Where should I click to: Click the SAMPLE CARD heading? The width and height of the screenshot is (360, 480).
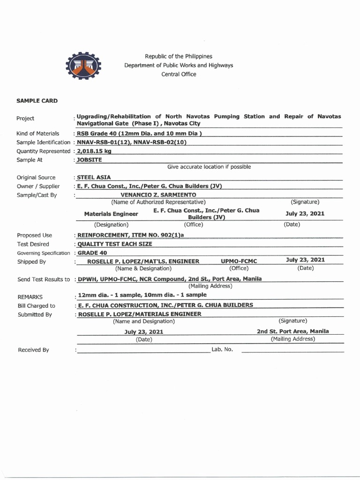point(37,101)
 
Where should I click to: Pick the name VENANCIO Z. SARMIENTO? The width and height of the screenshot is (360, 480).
point(158,195)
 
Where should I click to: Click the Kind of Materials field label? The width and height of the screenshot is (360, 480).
point(38,134)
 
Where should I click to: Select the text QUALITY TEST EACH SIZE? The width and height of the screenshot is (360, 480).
point(115,244)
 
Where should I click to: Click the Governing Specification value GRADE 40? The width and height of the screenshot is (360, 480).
point(92,253)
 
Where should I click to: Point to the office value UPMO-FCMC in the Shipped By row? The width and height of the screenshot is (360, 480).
point(239,261)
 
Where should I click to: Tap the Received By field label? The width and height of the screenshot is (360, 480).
point(33,350)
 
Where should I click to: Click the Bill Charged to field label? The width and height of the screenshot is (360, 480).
point(36,306)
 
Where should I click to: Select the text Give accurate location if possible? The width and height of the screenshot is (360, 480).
point(209,167)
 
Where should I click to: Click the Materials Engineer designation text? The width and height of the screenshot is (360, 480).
point(111,214)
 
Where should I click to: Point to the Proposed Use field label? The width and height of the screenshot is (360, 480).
point(35,235)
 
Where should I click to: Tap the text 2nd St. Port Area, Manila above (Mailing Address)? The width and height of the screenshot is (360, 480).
point(292,331)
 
